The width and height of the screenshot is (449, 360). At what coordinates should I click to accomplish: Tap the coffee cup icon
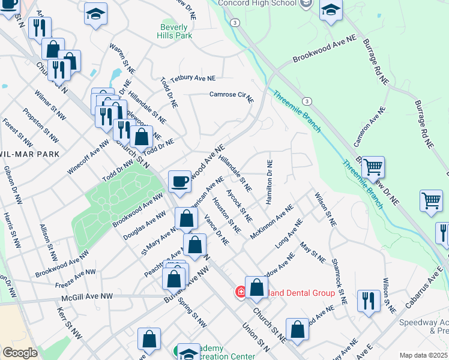(179, 181)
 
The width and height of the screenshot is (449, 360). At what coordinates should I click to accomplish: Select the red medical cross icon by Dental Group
(240, 292)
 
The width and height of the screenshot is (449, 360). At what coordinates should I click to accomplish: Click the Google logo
(20, 353)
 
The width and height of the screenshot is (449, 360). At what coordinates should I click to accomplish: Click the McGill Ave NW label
(87, 297)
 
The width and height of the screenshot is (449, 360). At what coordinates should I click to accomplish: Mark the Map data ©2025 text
(423, 355)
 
